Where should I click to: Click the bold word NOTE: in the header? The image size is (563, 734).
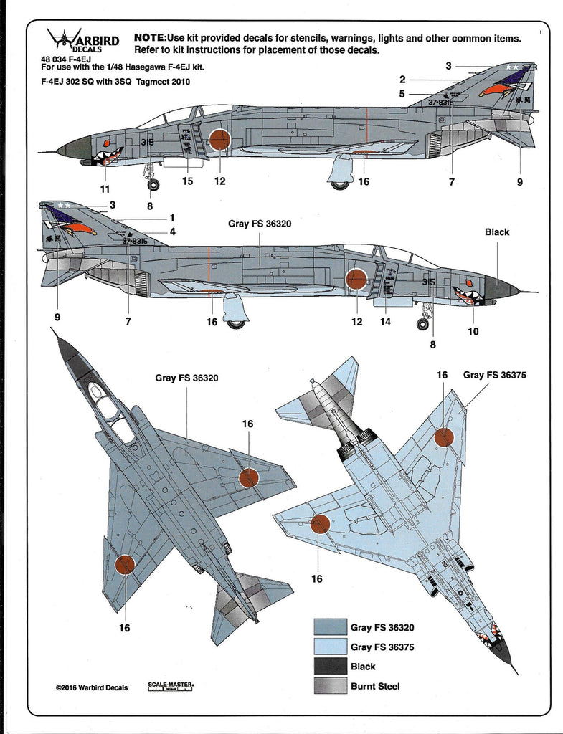149,37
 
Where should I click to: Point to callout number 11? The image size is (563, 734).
105,189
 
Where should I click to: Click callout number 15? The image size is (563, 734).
187,181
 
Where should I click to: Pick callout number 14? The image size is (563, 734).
386,322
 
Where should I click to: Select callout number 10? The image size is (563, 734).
473,331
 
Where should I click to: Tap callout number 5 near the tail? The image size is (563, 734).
402,93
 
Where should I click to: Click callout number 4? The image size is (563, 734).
172,232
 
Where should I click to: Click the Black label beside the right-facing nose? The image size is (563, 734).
497,232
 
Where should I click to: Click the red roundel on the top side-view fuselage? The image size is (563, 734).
220,139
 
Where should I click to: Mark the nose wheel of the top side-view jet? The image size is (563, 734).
153,185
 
